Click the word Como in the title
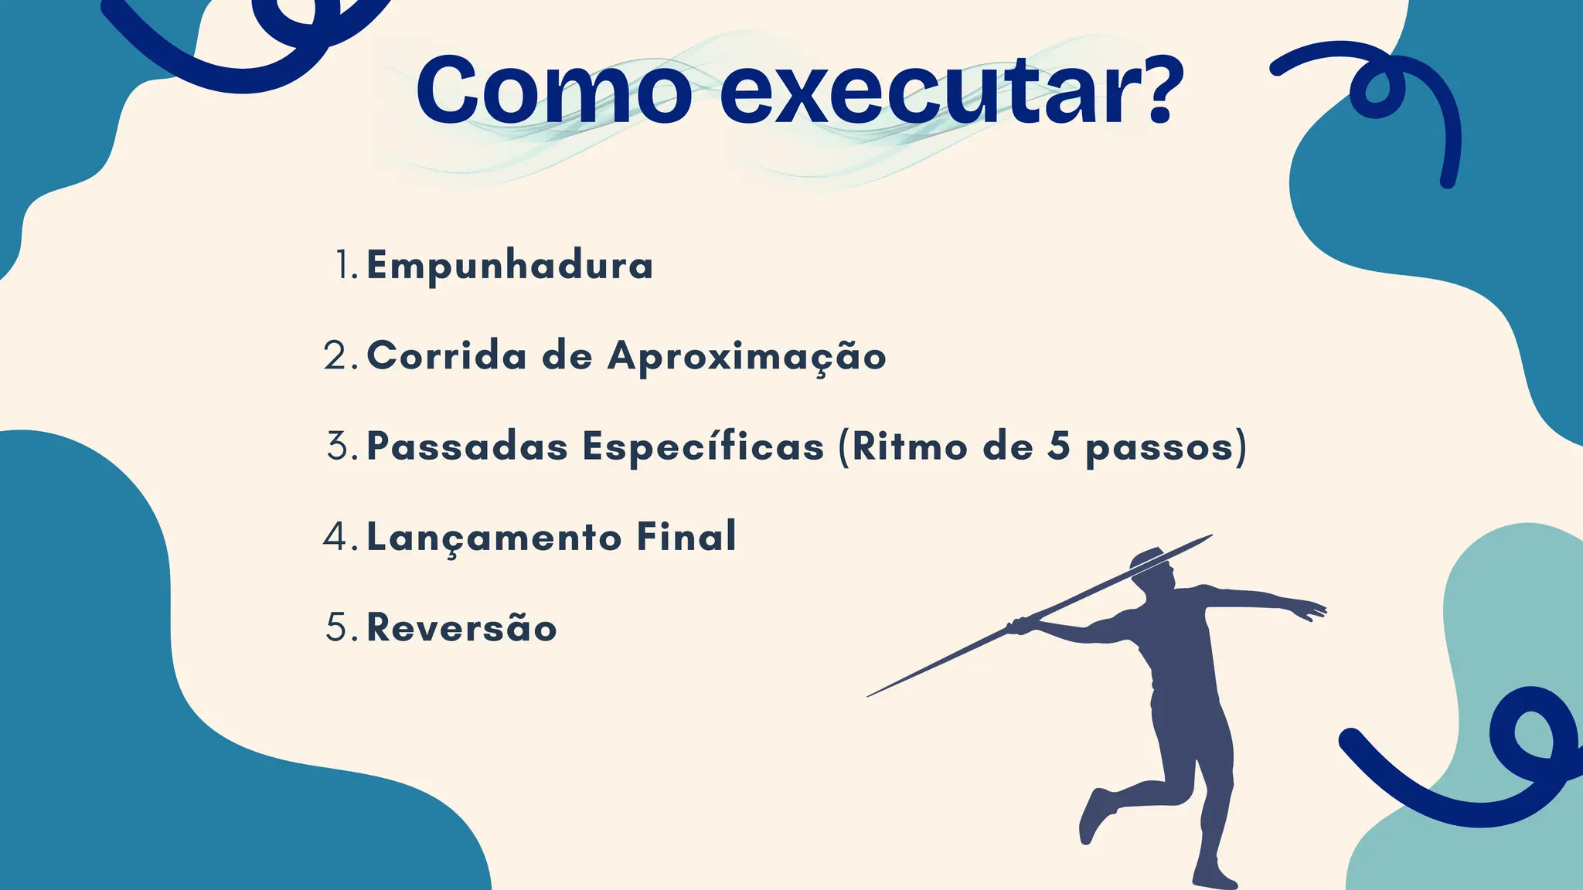[553, 90]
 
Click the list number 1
[344, 265]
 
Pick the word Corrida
[447, 356]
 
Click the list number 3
[340, 447]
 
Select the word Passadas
[467, 447]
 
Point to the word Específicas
[703, 447]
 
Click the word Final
[686, 537]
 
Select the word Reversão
[461, 627]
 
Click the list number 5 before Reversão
[339, 627]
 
